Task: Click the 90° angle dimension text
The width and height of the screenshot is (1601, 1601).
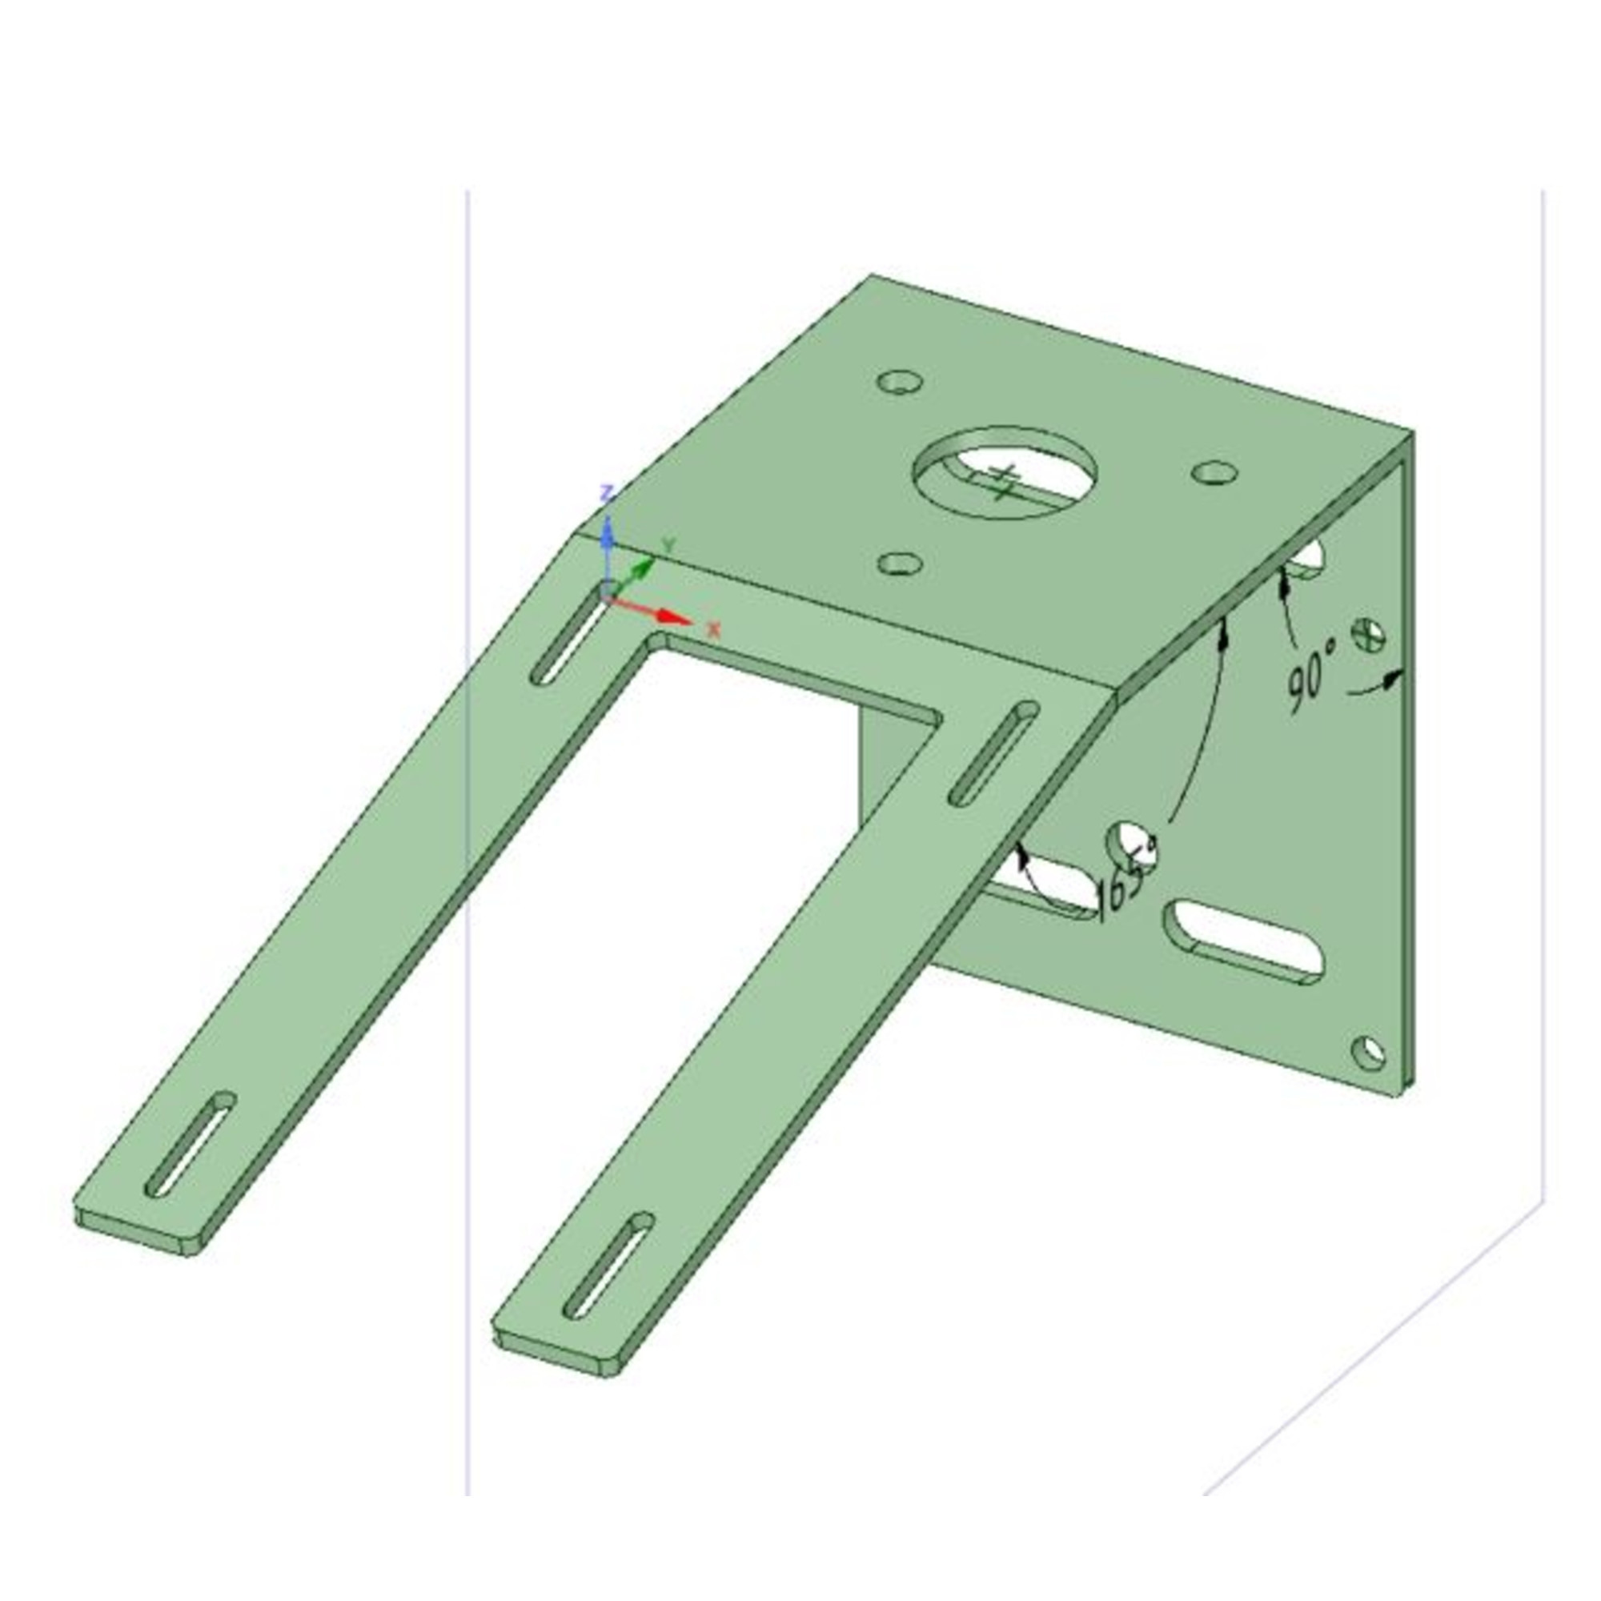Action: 1312,675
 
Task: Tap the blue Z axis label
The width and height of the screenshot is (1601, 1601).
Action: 607,495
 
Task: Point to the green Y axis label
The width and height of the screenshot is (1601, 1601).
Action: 669,545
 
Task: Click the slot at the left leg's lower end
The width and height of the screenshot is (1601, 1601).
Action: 191,1145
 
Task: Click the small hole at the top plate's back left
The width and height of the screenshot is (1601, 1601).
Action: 899,383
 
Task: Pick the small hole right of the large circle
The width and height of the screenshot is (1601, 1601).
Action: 1215,473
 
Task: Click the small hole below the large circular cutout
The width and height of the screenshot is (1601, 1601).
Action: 900,564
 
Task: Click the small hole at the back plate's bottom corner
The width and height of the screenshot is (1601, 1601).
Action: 1368,1052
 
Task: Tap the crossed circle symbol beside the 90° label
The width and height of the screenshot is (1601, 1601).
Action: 1369,635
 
